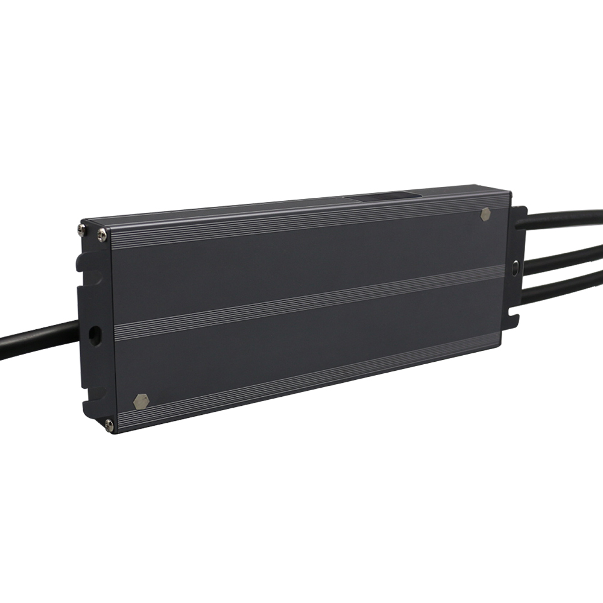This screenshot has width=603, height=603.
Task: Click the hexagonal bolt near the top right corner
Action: [485, 214]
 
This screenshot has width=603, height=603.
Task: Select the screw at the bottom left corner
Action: [109, 425]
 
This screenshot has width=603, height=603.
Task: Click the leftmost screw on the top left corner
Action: [82, 229]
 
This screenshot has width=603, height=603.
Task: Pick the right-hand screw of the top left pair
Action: [101, 233]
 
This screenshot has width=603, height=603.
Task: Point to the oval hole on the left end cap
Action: [95, 335]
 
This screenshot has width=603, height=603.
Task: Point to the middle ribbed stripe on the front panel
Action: [308, 301]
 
